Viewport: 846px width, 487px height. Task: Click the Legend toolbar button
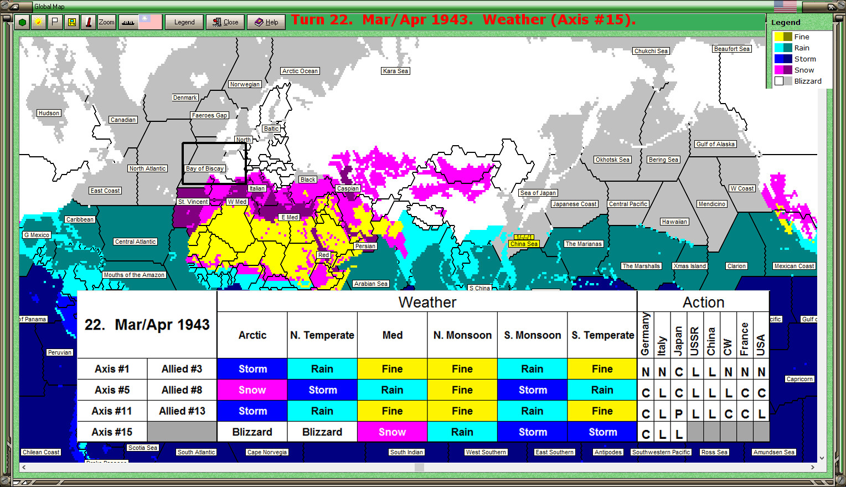point(184,22)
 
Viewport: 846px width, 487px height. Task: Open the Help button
point(266,22)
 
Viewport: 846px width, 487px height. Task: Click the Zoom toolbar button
point(106,22)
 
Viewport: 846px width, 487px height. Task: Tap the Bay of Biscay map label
point(205,168)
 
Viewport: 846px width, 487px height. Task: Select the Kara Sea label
point(395,71)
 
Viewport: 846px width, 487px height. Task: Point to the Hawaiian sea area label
point(674,222)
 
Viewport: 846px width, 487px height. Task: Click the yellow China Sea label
point(524,244)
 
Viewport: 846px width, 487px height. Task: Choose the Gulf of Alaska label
point(715,144)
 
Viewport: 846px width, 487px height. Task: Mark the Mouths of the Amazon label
point(134,275)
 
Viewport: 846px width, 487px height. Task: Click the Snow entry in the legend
point(804,70)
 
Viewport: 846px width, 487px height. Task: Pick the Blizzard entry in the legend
point(807,81)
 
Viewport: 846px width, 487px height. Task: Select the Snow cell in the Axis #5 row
point(252,390)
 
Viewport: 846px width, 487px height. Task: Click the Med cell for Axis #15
point(392,432)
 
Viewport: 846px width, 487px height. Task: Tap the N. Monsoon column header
point(462,335)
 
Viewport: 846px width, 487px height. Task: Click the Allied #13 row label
point(182,411)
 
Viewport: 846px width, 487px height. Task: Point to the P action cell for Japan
point(679,414)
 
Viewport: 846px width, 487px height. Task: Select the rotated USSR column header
point(695,335)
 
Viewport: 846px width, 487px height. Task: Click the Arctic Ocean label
point(300,71)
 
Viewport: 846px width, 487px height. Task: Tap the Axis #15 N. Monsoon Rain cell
point(462,432)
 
